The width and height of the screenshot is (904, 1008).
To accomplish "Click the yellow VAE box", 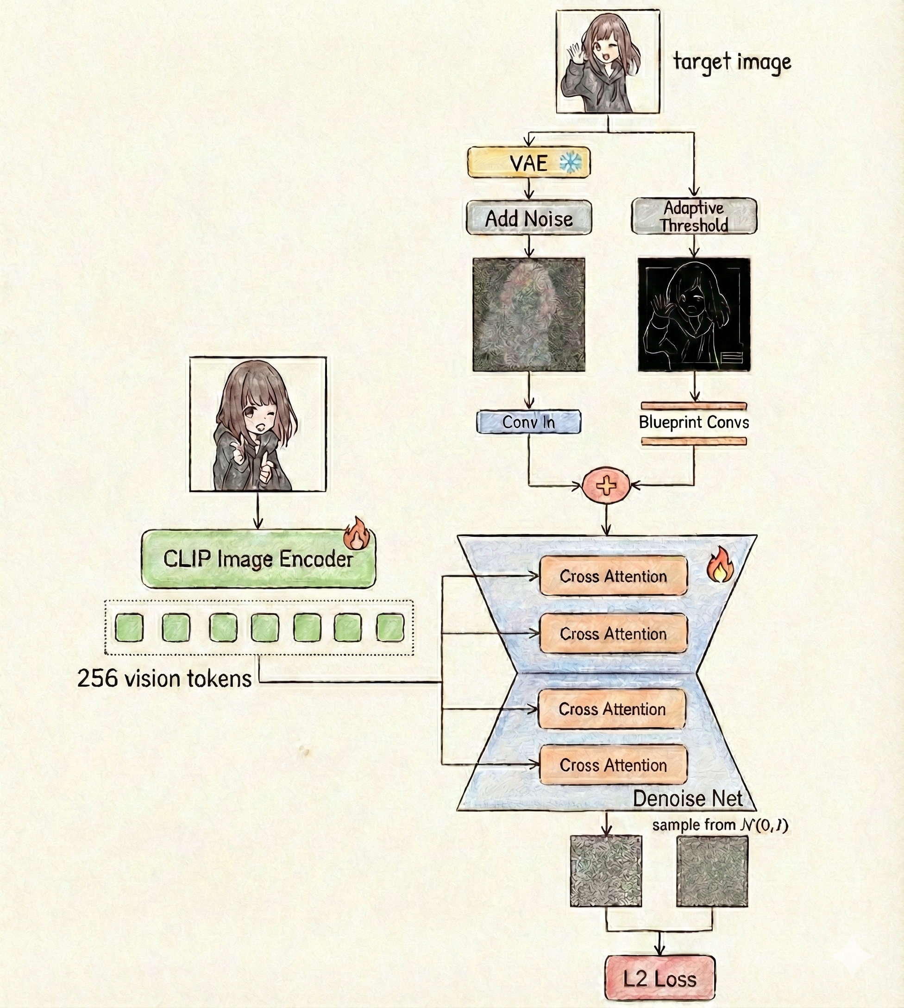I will pyautogui.click(x=528, y=163).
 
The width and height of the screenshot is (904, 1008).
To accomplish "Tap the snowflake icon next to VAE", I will pyautogui.click(x=571, y=162).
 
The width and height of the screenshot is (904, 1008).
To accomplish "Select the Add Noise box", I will pyautogui.click(x=528, y=218).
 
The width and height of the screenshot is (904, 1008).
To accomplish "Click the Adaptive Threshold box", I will pyautogui.click(x=694, y=217).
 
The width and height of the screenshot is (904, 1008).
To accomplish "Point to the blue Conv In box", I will pyautogui.click(x=528, y=422).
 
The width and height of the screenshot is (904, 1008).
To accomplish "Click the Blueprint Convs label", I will pyautogui.click(x=694, y=422).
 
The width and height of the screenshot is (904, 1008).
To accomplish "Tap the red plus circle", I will pyautogui.click(x=606, y=485).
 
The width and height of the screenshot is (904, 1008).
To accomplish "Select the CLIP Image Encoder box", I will pyautogui.click(x=258, y=559).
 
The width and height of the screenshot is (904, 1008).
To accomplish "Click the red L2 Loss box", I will pyautogui.click(x=659, y=978).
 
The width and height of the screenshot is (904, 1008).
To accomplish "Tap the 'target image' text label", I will pyautogui.click(x=732, y=62).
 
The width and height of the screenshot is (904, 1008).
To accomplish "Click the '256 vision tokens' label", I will pyautogui.click(x=164, y=679).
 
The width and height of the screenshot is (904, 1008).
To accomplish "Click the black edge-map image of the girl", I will pyautogui.click(x=694, y=315).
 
